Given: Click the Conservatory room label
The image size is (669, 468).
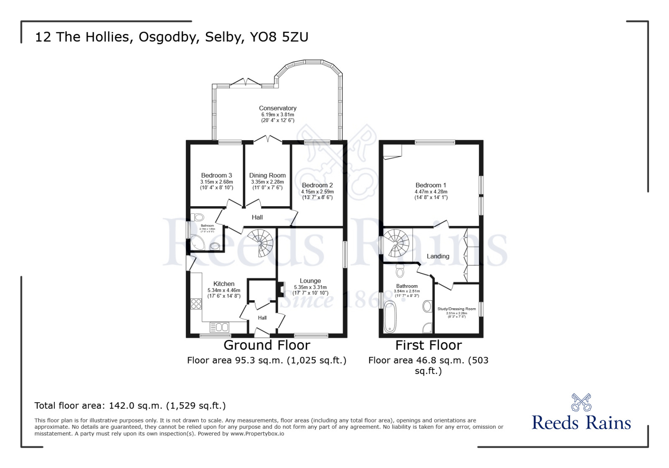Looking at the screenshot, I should (277, 108).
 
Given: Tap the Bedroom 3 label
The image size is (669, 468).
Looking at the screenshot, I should (216, 176).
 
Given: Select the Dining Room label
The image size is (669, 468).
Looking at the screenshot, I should (267, 176).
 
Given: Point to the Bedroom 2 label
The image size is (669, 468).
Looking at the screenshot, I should (317, 185).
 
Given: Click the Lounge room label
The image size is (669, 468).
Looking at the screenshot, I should (310, 281).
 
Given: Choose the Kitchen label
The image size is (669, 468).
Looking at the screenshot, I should (224, 284).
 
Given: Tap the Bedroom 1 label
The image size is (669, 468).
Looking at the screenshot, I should (431, 185).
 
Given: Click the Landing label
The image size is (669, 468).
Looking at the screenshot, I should (438, 256).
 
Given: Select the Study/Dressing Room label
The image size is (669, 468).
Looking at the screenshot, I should (456, 309).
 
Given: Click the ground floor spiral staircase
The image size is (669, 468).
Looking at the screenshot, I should (261, 242).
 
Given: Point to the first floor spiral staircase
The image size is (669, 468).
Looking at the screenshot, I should (396, 243).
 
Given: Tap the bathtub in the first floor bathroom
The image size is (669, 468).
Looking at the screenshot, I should (390, 317).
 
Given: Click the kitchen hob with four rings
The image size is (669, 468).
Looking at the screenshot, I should (196, 304).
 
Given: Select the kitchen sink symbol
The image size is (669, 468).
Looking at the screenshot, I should (220, 327).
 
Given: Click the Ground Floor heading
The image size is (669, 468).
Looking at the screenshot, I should (267, 345).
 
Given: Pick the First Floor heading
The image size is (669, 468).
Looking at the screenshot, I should (428, 345).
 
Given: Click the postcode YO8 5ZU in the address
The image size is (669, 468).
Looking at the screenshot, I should (279, 37).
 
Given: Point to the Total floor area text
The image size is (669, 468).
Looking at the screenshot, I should (130, 406).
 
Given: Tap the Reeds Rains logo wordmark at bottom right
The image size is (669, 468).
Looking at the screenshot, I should (581, 423).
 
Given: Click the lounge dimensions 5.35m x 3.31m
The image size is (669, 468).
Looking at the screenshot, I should (310, 287).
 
